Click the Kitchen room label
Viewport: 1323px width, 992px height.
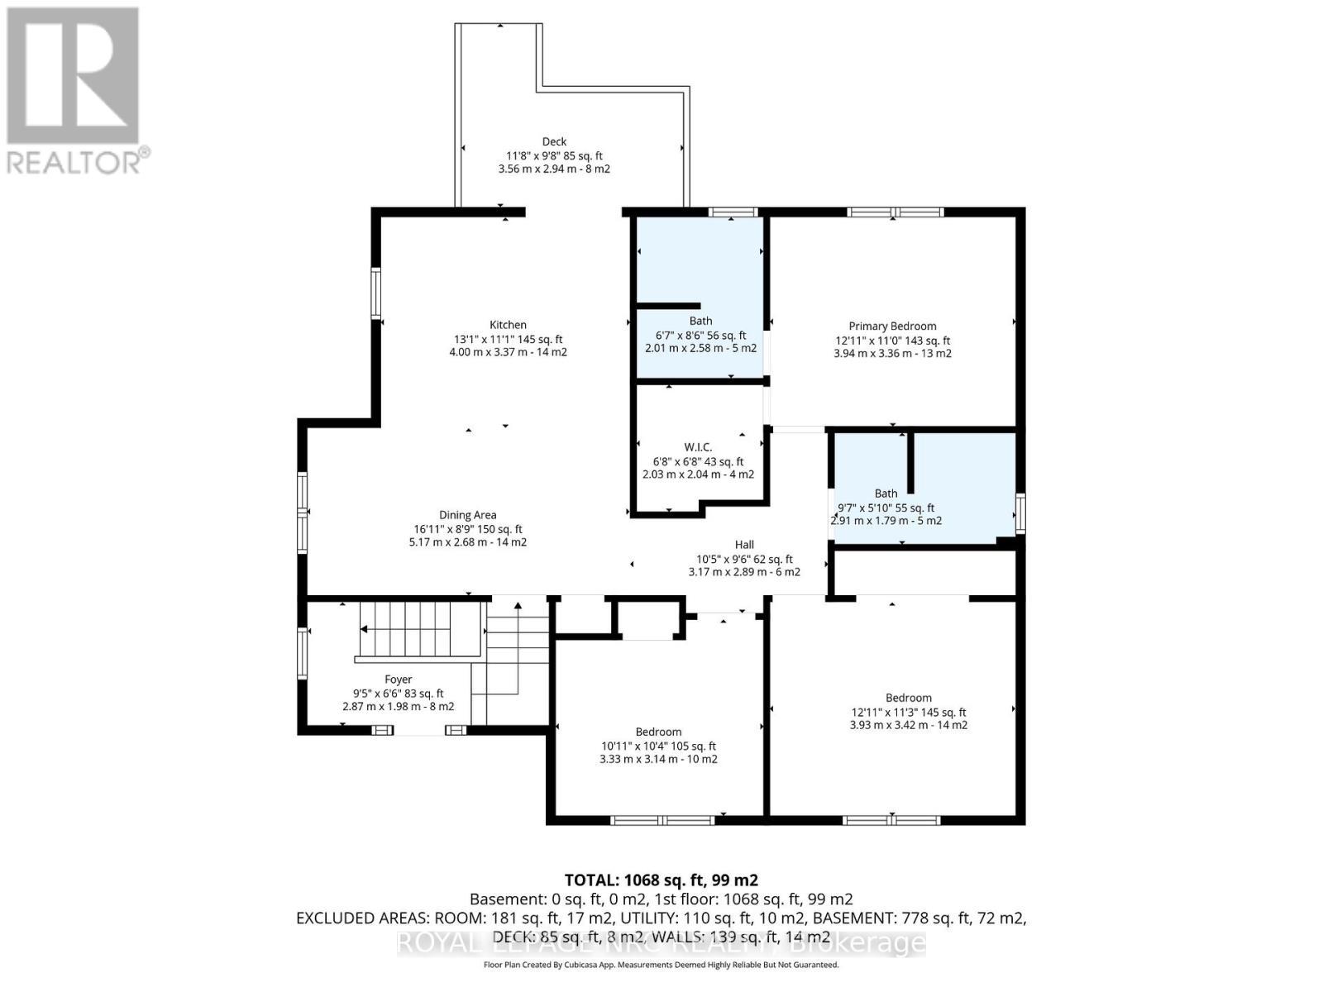(508, 325)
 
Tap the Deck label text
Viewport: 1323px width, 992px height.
(554, 141)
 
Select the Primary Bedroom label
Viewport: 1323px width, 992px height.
(892, 326)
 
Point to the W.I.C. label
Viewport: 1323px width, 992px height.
(698, 447)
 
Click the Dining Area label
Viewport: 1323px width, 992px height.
(468, 515)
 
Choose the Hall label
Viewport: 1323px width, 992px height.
(744, 545)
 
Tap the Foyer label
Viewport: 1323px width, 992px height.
(398, 680)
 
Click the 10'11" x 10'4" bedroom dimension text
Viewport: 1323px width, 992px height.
(658, 746)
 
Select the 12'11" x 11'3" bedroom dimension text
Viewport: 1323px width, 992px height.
(908, 712)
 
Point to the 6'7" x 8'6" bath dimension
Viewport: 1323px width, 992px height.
(700, 335)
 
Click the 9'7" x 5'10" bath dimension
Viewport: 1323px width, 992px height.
(886, 508)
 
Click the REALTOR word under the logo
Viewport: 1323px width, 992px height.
(74, 163)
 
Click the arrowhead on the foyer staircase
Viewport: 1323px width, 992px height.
(364, 629)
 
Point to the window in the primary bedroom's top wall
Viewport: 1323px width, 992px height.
(895, 212)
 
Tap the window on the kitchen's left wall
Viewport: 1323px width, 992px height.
(375, 293)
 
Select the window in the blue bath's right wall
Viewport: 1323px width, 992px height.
(1020, 513)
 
